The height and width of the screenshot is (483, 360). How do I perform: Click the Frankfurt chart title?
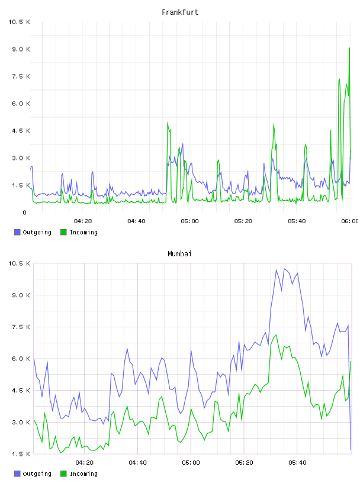click(180, 12)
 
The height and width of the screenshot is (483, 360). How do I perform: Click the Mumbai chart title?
click(179, 254)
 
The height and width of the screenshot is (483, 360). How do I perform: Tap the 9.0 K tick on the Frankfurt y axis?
click(21, 49)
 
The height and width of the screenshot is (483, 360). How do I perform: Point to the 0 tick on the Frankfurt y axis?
click(24, 212)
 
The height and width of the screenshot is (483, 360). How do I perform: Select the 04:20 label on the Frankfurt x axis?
click(83, 221)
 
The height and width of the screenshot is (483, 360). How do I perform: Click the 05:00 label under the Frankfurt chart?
click(190, 221)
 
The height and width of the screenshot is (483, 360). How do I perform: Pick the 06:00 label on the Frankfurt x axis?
click(349, 221)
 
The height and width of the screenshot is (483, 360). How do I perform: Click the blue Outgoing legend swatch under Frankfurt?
click(17, 232)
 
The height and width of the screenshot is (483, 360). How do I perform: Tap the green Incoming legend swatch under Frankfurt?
click(63, 232)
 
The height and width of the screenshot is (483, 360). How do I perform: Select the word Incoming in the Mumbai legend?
click(83, 474)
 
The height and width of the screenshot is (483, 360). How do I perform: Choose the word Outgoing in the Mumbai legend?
click(37, 474)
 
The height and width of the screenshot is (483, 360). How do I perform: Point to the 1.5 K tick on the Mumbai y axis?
click(21, 454)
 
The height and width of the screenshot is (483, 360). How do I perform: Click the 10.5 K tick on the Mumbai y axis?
click(19, 263)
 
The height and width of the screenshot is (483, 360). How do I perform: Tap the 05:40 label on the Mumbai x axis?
click(297, 463)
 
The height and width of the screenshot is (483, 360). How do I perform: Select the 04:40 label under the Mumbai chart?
click(138, 463)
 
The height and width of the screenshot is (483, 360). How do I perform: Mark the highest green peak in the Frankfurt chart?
click(349, 48)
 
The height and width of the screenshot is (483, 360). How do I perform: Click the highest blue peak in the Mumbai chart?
click(284, 269)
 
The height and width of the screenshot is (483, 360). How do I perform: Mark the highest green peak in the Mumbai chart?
click(276, 335)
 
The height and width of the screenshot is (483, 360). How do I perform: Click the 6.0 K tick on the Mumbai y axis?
click(21, 359)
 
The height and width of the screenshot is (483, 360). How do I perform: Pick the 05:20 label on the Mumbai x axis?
click(244, 463)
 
